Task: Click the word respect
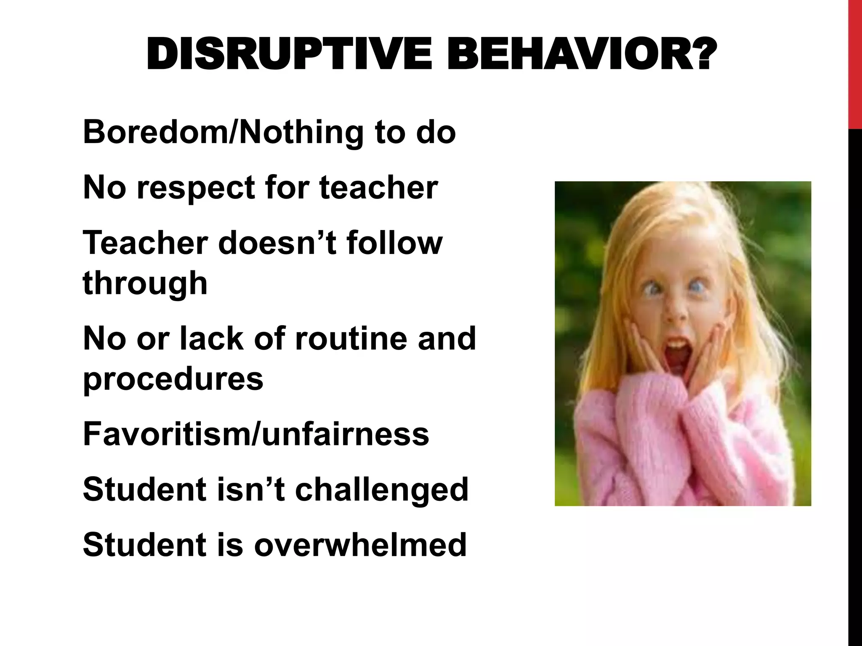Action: pos(197,188)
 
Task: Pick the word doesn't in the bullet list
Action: pos(277,243)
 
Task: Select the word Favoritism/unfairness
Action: pos(256,434)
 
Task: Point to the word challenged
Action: pos(381,490)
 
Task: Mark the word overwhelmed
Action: pos(360,544)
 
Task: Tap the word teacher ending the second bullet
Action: pos(378,188)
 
